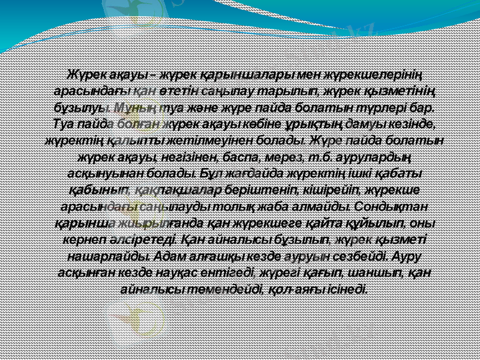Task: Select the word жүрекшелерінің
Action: pyautogui.click(x=374, y=75)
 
